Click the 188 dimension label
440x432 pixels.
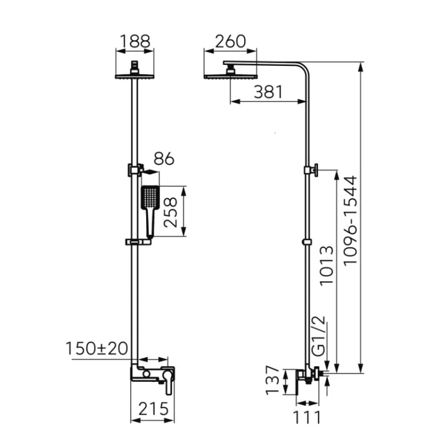[x=135, y=41]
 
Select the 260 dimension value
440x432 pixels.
[x=230, y=41]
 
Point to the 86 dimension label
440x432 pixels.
[x=164, y=158]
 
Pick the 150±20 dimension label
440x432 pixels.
[x=97, y=348]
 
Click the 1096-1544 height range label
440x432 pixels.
[x=350, y=219]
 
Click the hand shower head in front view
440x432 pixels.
[x=150, y=198]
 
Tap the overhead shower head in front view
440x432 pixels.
[x=135, y=75]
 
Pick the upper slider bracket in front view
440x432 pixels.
[x=134, y=170]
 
